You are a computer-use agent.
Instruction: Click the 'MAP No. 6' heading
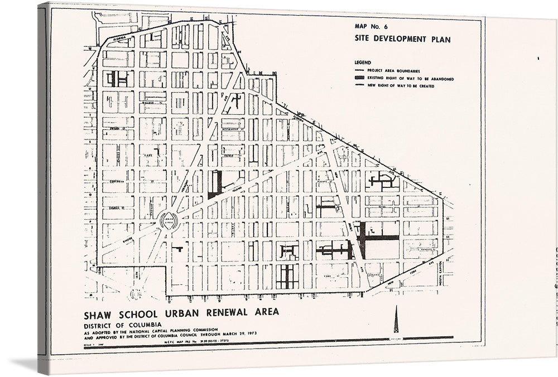tap(372, 26)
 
